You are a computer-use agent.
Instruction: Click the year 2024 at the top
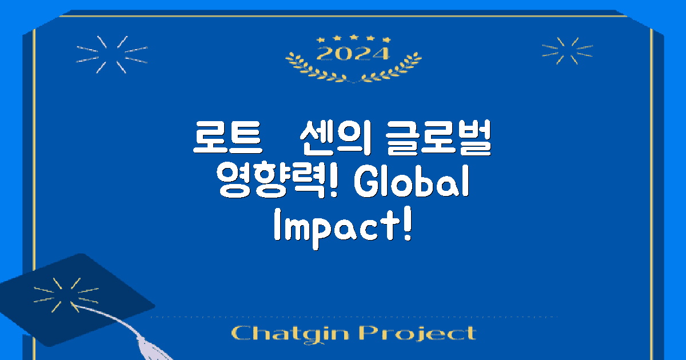click(353, 53)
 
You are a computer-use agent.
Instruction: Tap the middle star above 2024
click(353, 38)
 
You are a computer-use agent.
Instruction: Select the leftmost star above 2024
click(321, 40)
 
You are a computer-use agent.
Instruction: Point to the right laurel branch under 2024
click(394, 69)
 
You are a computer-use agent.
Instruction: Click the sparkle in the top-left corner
click(112, 55)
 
